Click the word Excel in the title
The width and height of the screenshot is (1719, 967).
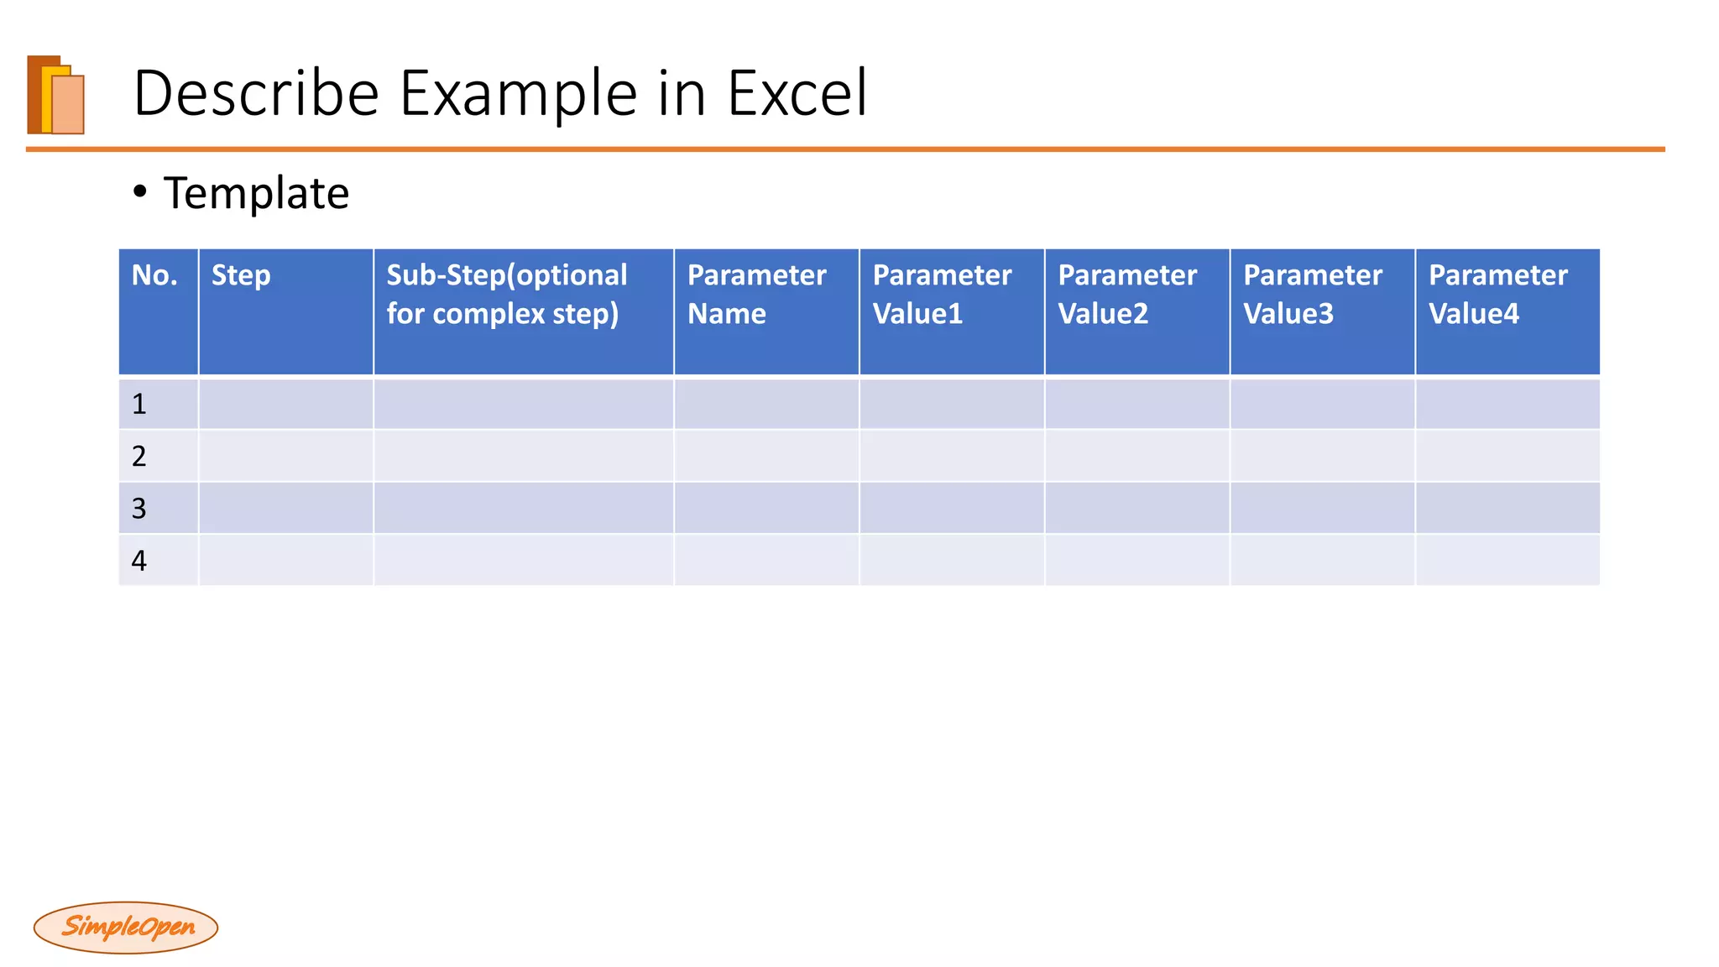point(797,93)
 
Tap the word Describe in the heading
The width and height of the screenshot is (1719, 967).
point(256,93)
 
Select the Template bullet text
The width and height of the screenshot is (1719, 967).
point(256,193)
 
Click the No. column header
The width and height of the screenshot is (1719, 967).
point(154,275)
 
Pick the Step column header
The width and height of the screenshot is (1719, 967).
point(241,275)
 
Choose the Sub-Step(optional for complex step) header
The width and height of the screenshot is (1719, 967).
point(506,294)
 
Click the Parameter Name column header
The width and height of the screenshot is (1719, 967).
point(756,294)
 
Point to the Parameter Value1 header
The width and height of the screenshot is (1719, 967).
point(942,294)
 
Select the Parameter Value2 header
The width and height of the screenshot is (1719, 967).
point(1127,294)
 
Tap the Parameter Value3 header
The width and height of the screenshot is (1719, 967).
point(1313,294)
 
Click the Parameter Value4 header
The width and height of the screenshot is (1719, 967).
point(1498,294)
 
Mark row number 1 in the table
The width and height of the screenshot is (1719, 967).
point(139,405)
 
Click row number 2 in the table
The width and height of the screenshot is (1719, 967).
point(139,457)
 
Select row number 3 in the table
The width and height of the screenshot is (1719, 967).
point(139,509)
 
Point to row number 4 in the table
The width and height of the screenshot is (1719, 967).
point(139,561)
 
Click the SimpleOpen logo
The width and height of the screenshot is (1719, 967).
point(126,928)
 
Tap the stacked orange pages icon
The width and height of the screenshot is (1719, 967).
point(56,95)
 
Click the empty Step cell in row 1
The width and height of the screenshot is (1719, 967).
point(286,405)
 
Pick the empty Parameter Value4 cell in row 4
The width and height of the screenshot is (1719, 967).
point(1507,561)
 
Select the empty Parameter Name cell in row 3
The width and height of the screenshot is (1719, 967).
point(766,509)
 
